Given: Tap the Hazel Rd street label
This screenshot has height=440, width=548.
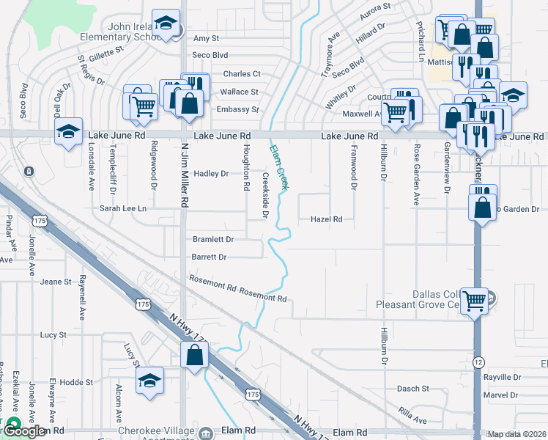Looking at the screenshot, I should [327, 219].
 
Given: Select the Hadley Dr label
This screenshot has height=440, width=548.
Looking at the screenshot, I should [211, 174].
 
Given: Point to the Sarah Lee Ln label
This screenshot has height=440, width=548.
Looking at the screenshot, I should [123, 209].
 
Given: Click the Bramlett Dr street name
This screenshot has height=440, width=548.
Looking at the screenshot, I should [212, 240].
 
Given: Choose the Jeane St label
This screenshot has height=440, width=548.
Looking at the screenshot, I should [56, 282].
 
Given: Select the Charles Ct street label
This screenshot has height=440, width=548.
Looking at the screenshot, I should [242, 74].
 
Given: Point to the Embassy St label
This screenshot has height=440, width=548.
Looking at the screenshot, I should [238, 110].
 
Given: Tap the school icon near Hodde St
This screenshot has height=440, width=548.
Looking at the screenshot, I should [149, 381].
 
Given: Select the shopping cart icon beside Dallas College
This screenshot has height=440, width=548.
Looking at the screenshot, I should [475, 299].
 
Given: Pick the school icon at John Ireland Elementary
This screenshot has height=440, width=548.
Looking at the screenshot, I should [166, 23].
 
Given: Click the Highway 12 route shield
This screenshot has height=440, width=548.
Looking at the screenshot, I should [478, 362].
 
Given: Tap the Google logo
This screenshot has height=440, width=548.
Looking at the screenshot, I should [23, 432].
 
